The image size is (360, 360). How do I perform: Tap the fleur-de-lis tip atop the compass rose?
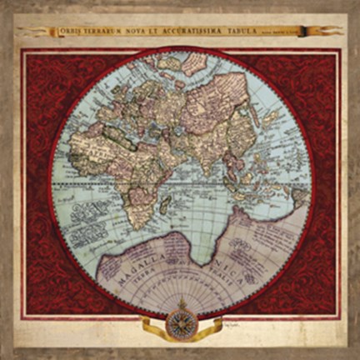point(181,301)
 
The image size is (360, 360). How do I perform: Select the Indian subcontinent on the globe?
point(218,164)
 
